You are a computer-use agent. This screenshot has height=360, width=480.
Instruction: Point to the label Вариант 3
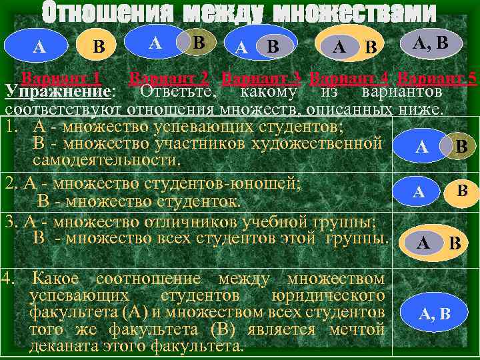point(262,77)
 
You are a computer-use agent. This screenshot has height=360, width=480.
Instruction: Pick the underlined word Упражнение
point(57,91)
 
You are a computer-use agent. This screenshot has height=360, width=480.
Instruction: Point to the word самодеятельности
point(107,161)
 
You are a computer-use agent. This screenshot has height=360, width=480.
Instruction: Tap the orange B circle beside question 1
point(461,146)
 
